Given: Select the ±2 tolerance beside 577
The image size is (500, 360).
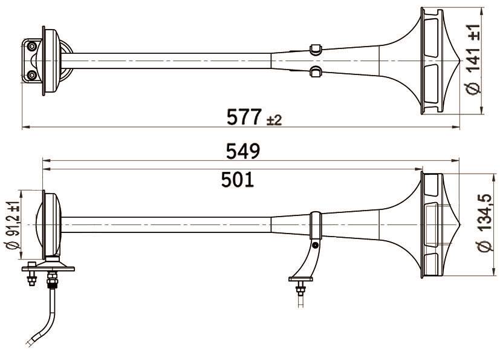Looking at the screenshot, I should pos(274,120).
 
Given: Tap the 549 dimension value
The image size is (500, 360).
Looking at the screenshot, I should pos(243,151).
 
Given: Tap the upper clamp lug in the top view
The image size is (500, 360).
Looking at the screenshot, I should pos(315,48).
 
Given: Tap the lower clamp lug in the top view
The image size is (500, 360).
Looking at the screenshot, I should pos(315,72).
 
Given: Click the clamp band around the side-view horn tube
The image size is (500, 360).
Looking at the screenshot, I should pos(315,225).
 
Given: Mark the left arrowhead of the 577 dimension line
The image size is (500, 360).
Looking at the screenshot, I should pos(25,127).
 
